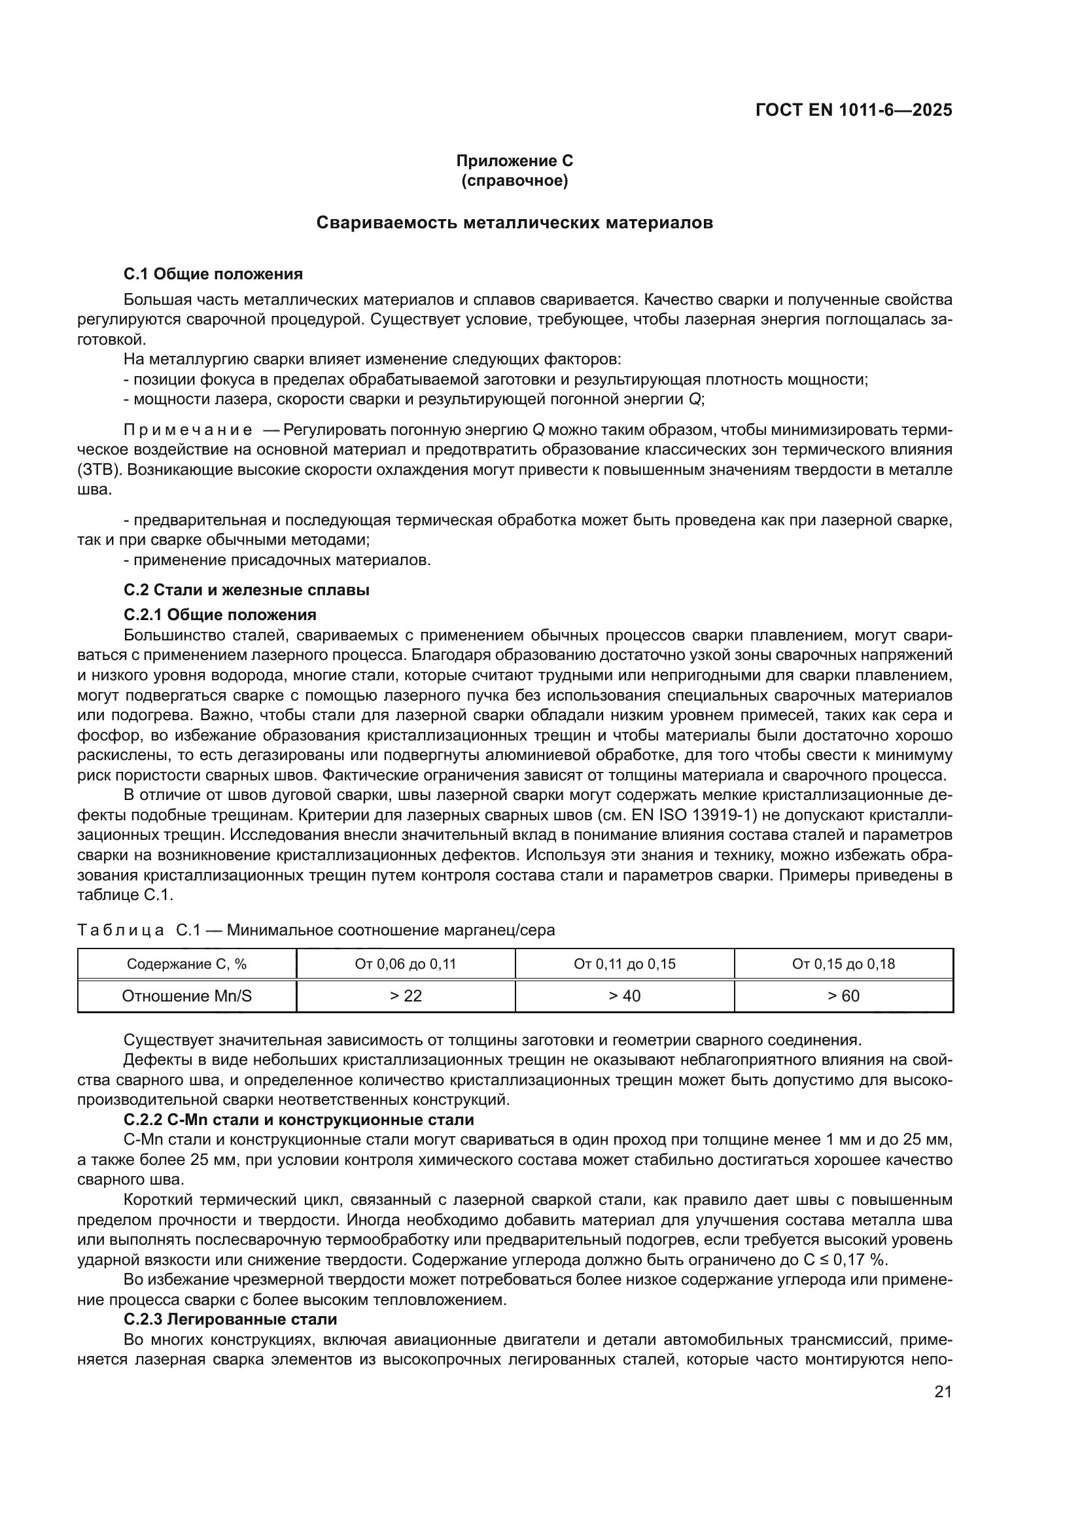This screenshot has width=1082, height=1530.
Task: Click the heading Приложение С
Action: [x=514, y=161]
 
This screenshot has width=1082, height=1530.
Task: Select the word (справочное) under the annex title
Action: [x=514, y=181]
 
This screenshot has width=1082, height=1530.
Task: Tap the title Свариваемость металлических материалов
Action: [x=514, y=222]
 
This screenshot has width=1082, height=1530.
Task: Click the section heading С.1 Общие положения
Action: [x=213, y=274]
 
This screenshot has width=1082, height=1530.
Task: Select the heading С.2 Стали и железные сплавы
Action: [x=247, y=590]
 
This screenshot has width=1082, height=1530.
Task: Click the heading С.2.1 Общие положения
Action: [x=220, y=614]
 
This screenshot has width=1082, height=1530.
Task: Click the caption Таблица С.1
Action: [x=127, y=930]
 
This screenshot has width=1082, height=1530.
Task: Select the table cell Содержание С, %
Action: [x=186, y=964]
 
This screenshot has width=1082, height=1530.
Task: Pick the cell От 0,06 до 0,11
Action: [x=406, y=964]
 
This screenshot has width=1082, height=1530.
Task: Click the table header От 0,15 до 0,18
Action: [x=843, y=964]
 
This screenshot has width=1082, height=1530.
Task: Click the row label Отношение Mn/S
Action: [x=186, y=996]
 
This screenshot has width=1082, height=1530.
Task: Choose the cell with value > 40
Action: [x=624, y=996]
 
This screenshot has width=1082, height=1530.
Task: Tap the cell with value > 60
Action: [x=843, y=996]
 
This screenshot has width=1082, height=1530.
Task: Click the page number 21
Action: [x=943, y=1391]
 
